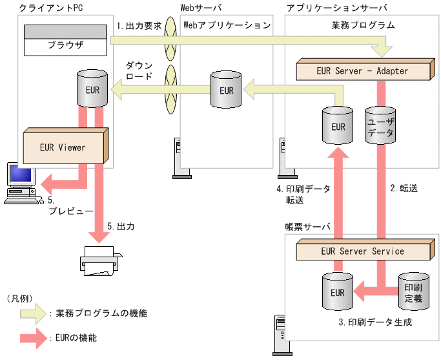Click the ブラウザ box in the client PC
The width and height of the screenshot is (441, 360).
click(65, 46)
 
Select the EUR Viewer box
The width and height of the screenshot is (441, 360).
click(63, 147)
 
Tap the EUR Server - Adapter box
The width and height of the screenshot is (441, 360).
click(363, 70)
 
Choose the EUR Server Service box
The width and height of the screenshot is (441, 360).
click(362, 251)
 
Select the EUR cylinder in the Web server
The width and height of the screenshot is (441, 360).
click(226, 90)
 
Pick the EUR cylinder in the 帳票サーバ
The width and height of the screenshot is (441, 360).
click(337, 291)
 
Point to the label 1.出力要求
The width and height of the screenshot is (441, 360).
click(139, 26)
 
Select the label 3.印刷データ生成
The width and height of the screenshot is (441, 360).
click(375, 321)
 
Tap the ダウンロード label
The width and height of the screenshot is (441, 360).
click(138, 70)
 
